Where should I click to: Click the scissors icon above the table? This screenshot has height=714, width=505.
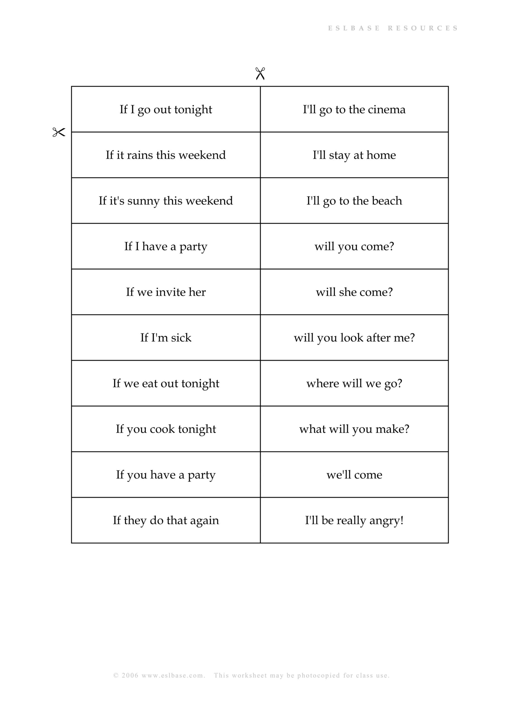(260, 74)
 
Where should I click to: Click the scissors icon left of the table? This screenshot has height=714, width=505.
(59, 132)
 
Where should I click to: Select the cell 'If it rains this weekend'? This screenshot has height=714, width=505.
(166, 155)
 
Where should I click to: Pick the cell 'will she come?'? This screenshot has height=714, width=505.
(354, 292)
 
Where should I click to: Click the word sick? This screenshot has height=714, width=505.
(181, 338)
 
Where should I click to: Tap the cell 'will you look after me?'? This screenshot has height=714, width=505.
(354, 338)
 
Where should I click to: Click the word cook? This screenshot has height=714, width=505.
(162, 429)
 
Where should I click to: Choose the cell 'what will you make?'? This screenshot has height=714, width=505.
(354, 429)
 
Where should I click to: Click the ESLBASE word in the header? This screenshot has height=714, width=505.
(354, 28)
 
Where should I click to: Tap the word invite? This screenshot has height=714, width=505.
(170, 292)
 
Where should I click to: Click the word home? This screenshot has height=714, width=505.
(381, 155)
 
